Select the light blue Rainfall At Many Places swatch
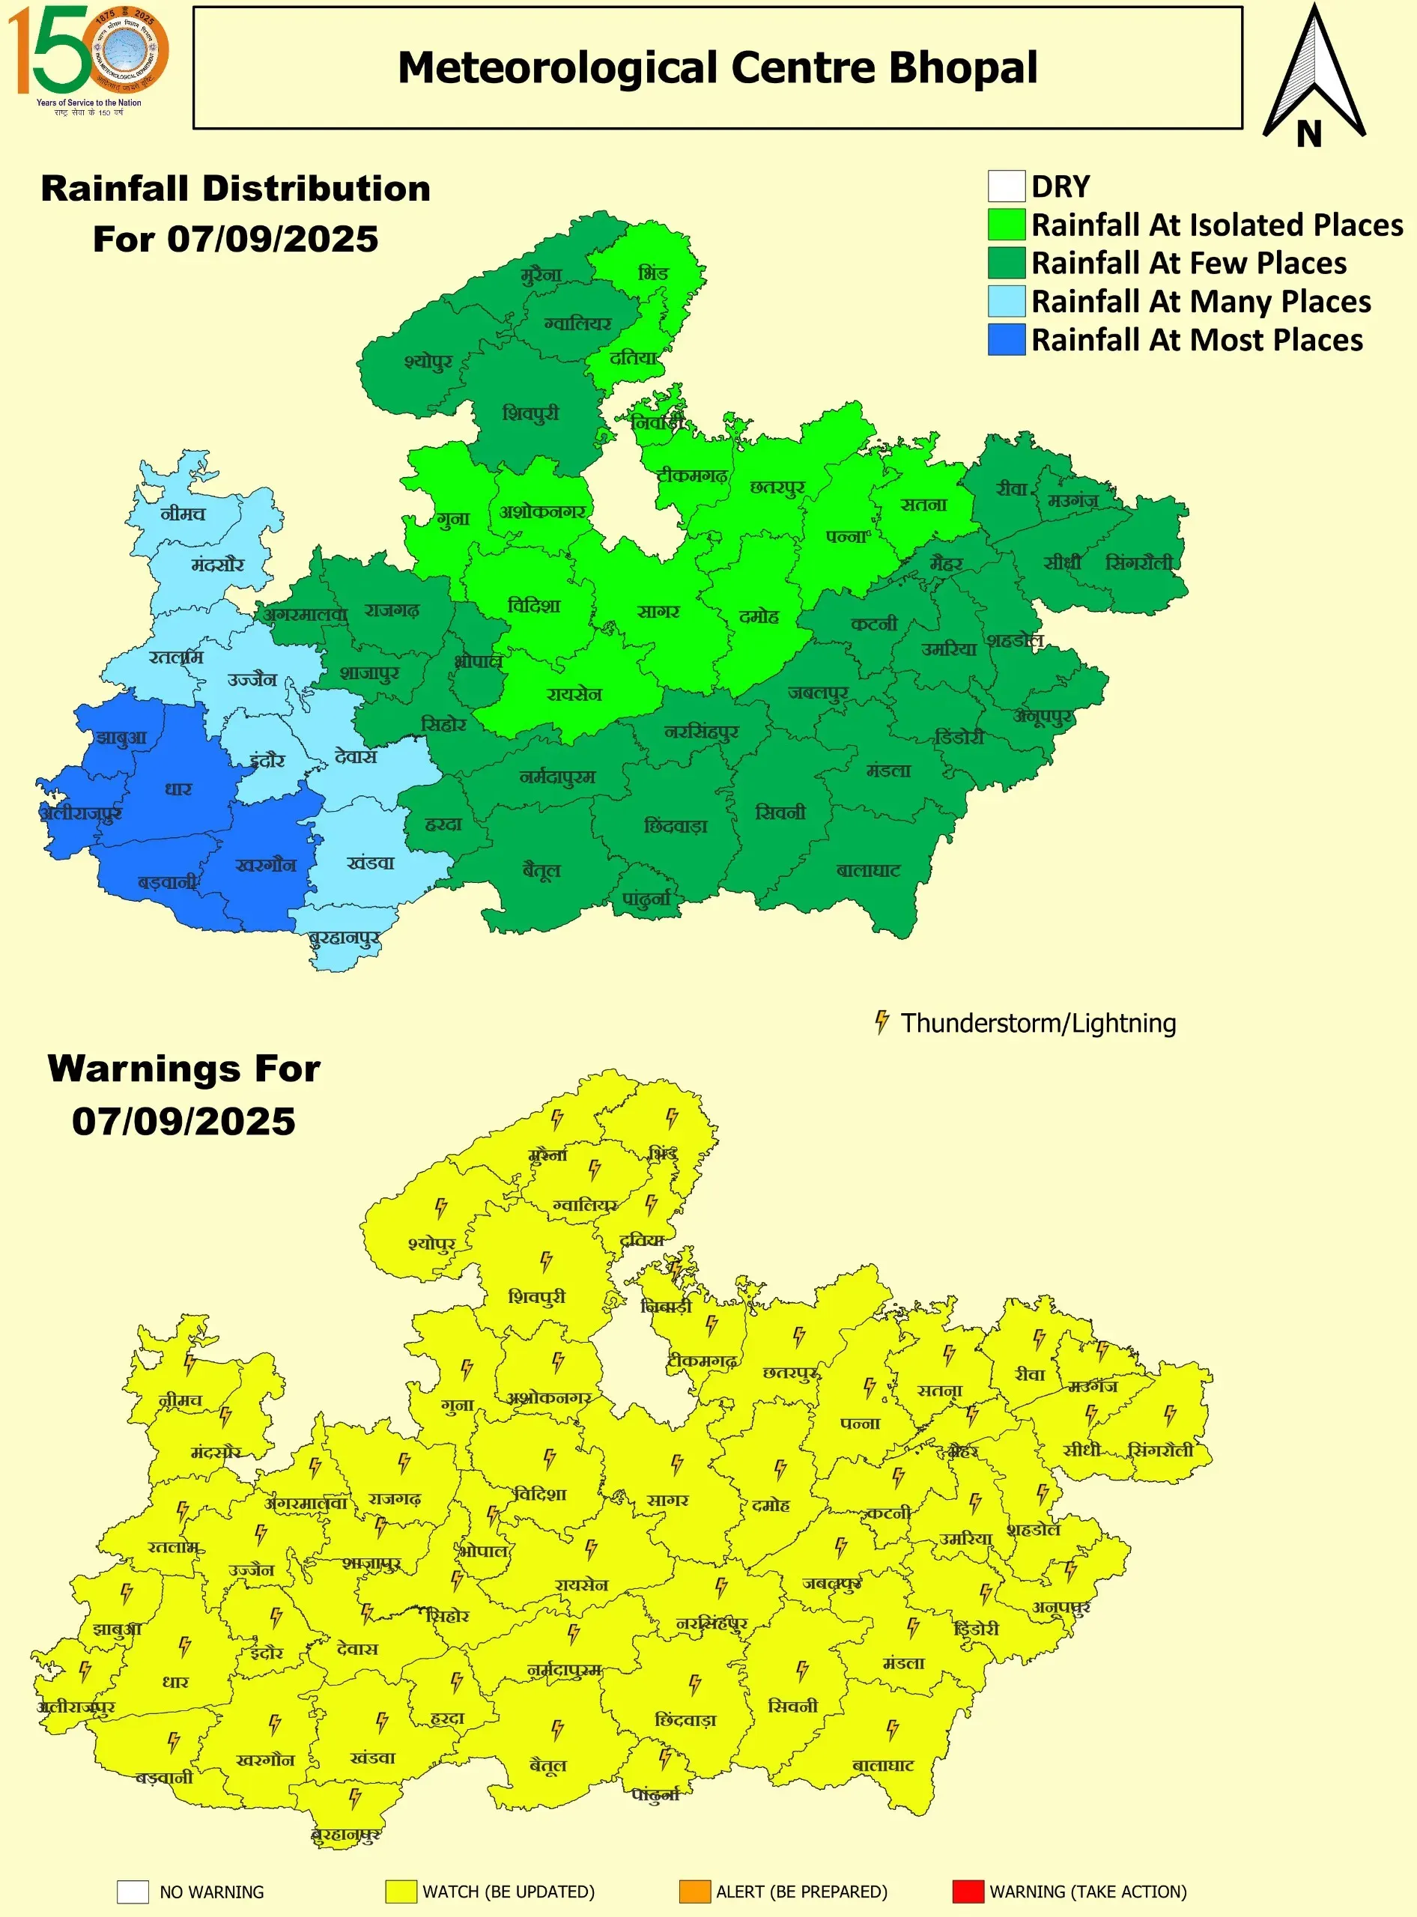[1006, 301]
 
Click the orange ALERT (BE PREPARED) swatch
[694, 1892]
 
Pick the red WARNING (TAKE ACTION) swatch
[968, 1892]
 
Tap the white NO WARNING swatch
[133, 1892]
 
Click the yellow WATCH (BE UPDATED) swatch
[401, 1892]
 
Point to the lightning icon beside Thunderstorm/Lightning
[881, 1021]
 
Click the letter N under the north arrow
[1309, 134]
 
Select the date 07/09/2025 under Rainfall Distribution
[272, 240]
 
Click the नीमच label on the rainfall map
[183, 513]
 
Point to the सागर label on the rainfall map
[658, 611]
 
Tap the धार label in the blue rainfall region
[178, 789]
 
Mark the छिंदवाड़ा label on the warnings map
[685, 1720]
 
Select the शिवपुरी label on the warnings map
[537, 1296]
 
